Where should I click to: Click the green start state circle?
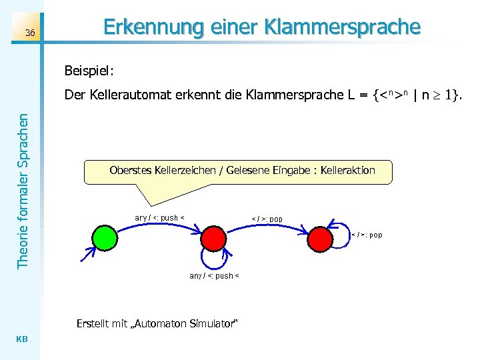click(104, 237)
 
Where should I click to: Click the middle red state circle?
click(213, 237)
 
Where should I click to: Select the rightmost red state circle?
click(321, 237)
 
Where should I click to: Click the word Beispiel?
click(90, 69)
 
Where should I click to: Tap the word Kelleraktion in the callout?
click(347, 171)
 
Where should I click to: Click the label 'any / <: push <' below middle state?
click(214, 275)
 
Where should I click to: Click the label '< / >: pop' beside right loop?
click(367, 235)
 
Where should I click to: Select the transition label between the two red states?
click(267, 219)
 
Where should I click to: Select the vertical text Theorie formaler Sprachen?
click(23, 191)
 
